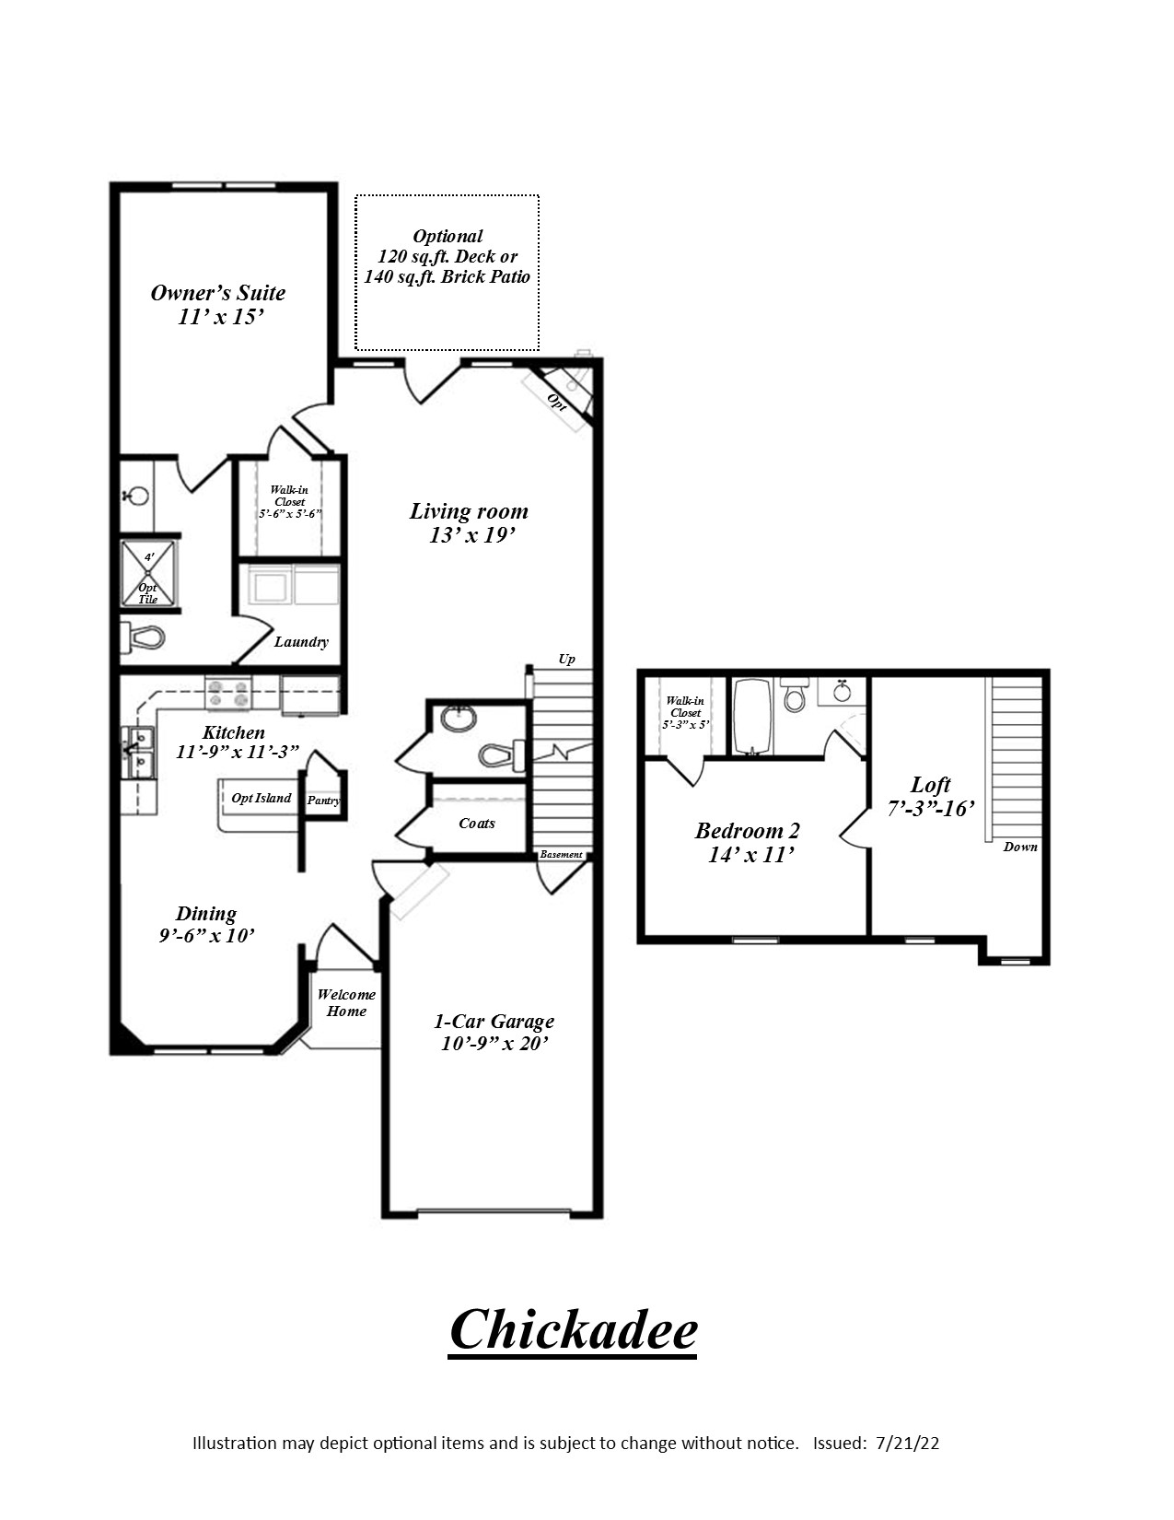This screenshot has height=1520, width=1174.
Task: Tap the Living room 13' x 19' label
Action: (469, 523)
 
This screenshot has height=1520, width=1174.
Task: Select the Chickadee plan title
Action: (573, 1329)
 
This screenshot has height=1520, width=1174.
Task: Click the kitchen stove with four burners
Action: (228, 693)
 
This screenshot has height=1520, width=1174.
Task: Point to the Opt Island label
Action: (261, 799)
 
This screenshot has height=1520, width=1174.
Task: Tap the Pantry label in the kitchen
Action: (323, 801)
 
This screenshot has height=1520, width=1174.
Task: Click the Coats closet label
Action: (476, 824)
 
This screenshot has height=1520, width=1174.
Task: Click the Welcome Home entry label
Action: (346, 1002)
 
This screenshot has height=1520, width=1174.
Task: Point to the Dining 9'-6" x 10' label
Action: (206, 924)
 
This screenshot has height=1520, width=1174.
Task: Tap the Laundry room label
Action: (301, 642)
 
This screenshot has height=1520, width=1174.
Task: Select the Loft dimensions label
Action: (930, 809)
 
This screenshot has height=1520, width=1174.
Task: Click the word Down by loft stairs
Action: (1020, 847)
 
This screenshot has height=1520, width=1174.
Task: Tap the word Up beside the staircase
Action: (567, 659)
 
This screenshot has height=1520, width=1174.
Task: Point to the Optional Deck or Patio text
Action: (448, 256)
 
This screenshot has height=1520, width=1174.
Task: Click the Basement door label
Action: (561, 855)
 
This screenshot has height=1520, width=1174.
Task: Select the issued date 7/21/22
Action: (908, 1444)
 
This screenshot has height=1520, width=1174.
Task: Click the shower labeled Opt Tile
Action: (147, 574)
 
